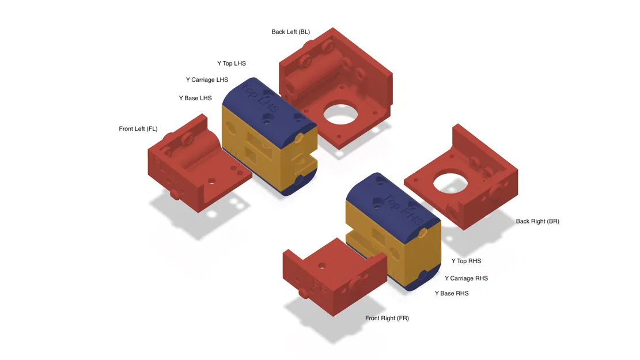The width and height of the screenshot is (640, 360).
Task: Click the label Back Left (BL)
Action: (290, 32)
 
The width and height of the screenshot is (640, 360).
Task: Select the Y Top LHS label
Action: (231, 63)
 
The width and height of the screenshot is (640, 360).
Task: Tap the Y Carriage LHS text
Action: (207, 80)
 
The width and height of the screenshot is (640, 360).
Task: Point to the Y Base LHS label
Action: (195, 98)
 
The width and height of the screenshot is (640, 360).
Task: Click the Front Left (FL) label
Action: (138, 129)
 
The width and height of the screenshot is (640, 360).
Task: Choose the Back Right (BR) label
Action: (537, 221)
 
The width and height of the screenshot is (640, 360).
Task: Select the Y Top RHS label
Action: (466, 262)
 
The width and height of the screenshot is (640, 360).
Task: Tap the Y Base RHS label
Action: (451, 294)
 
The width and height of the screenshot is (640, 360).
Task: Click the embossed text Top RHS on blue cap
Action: (404, 210)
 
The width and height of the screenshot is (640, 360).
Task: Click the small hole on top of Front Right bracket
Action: (322, 266)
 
